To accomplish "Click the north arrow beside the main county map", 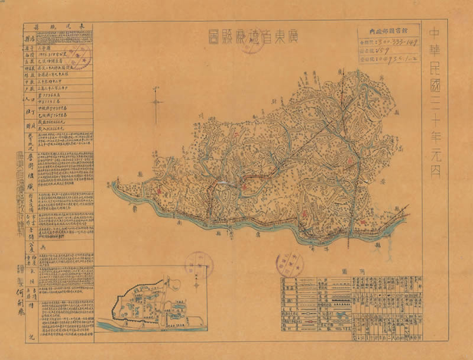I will tap(157, 103).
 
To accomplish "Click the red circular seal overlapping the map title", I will tap(251, 43).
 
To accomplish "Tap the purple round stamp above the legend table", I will tap(286, 259).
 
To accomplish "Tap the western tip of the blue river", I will tap(114, 184).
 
